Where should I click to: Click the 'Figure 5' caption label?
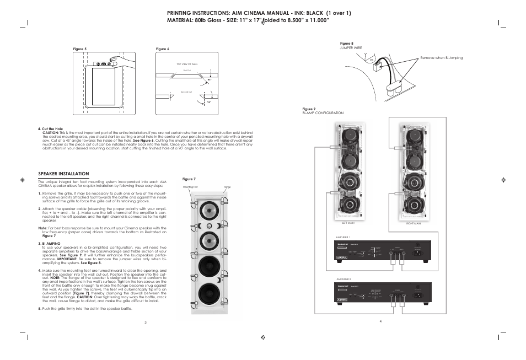point(80,49)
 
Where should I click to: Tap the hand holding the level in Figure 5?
point(115,60)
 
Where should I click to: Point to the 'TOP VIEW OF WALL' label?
point(187,65)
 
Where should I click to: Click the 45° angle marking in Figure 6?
point(210,79)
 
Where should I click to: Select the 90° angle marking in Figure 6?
point(209,103)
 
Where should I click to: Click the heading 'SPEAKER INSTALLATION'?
point(63,174)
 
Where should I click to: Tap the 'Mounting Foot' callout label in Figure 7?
point(191,188)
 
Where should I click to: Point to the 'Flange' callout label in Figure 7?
point(227,188)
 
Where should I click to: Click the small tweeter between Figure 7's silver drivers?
point(209,227)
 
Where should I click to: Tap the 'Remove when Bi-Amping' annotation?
point(442,58)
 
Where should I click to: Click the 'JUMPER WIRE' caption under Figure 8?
point(350,48)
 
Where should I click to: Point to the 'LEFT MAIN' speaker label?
point(348,222)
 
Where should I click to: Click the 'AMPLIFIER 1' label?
point(343,237)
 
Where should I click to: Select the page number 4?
point(380,321)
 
